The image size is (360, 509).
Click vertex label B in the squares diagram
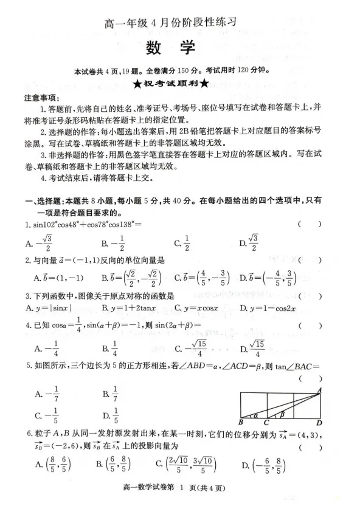pos(241,423)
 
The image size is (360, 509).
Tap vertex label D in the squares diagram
pos(319,423)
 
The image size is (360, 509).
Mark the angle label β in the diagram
pos(282,414)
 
